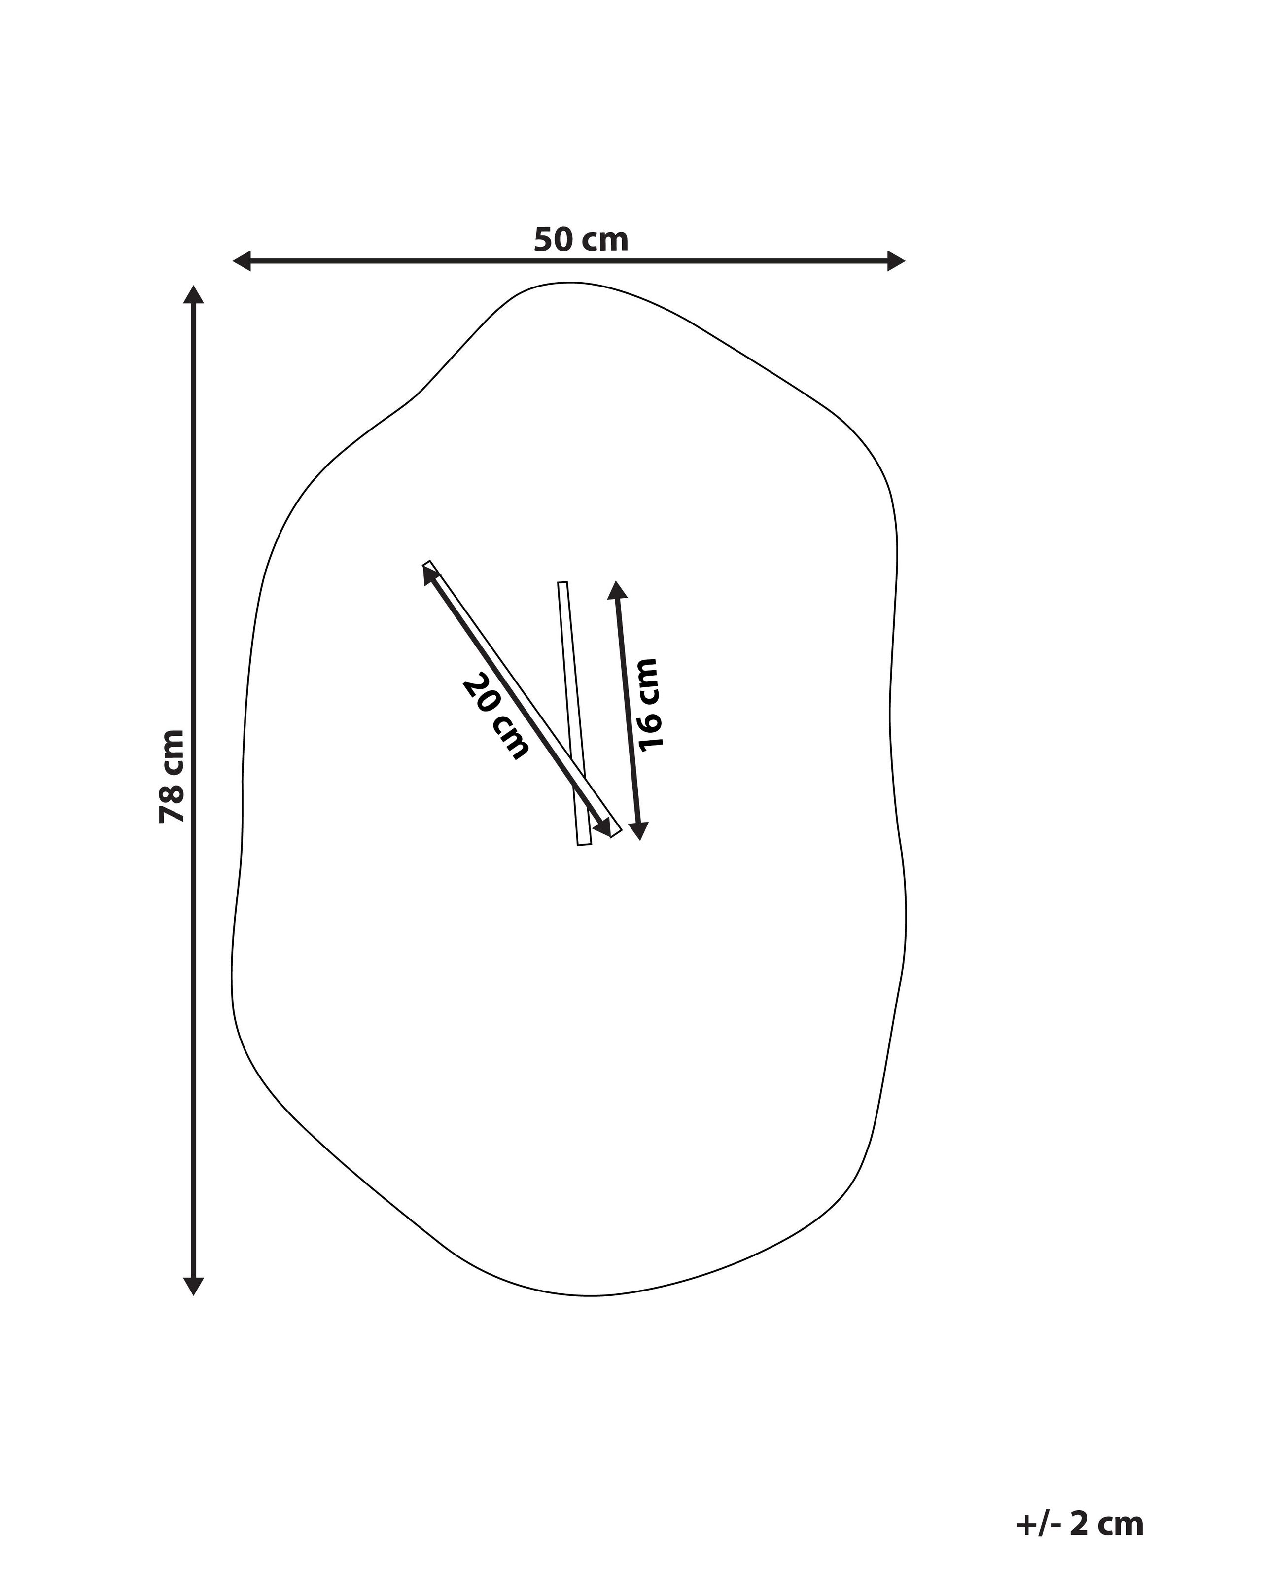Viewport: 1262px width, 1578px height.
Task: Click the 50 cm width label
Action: tap(581, 239)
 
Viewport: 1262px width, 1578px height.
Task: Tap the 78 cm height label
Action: tap(172, 776)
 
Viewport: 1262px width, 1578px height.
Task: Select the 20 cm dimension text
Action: tap(495, 718)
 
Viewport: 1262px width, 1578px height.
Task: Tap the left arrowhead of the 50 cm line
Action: tap(242, 260)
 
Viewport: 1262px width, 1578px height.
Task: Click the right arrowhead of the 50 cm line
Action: tap(896, 260)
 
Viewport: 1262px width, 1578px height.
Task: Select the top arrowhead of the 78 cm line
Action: tap(193, 294)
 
